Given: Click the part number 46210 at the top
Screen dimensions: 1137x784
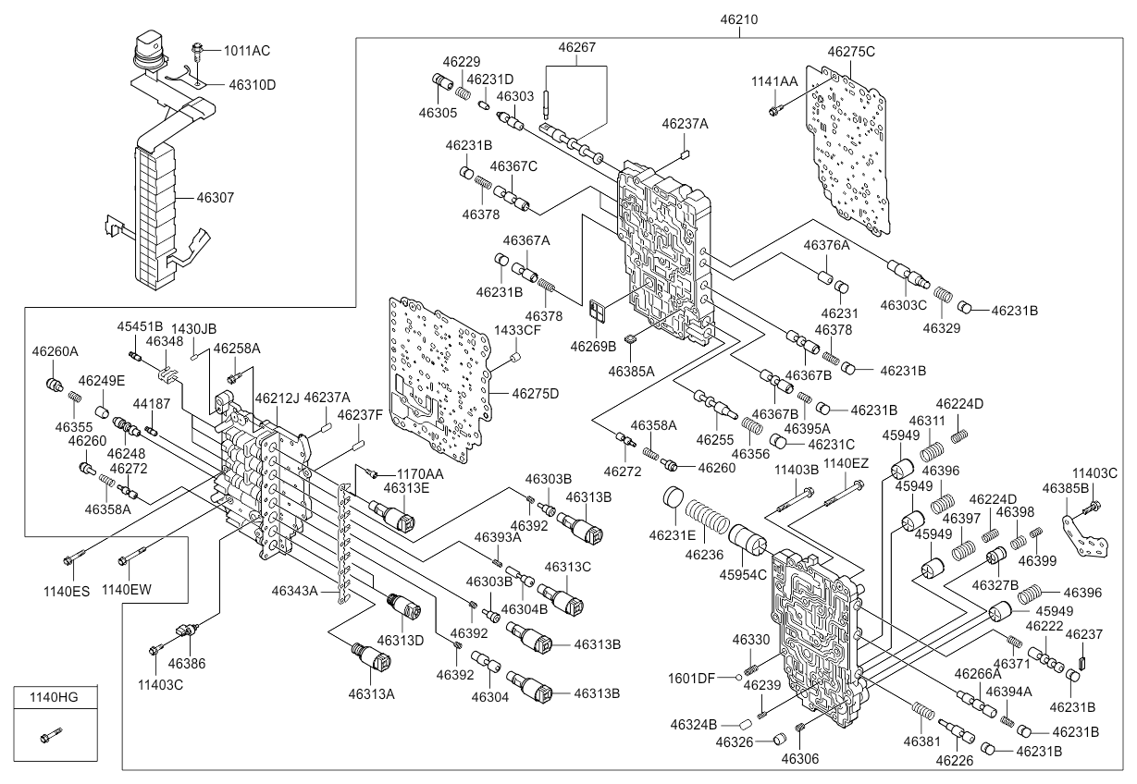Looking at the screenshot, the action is pos(738,19).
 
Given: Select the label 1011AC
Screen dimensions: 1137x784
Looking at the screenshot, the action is pos(247,51).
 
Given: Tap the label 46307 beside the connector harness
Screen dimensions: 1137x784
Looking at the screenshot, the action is pos(216,197).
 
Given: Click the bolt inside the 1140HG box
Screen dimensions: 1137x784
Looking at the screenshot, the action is pos(51,735).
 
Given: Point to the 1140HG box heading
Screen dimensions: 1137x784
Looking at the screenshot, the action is pos(54,697).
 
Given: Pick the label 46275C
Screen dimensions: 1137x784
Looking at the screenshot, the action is pos(851,52).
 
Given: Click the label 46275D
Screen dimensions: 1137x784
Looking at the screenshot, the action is pos(535,394).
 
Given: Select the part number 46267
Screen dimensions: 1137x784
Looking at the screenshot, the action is pos(576,47).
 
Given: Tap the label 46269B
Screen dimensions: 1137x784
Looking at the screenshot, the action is pos(593,347).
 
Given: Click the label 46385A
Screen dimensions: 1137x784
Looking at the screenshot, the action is pos(632,372).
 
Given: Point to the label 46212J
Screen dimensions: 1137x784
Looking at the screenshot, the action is pos(278,398).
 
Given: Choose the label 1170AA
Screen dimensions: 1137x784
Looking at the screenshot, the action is pos(420,474).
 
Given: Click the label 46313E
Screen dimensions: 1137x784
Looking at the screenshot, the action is pos(406,488).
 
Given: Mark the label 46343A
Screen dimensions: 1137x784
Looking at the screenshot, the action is pos(294,591).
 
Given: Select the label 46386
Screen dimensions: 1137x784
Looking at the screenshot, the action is pos(187,663).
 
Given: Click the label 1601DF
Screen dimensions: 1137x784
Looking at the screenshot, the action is pos(691,678).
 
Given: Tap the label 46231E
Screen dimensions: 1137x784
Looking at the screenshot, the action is pos(673,535).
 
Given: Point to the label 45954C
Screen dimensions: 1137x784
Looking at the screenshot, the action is pos(743,575).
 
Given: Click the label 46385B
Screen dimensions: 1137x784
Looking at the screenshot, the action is pos(1066,488).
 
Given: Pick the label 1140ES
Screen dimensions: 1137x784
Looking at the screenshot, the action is pos(67,592).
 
